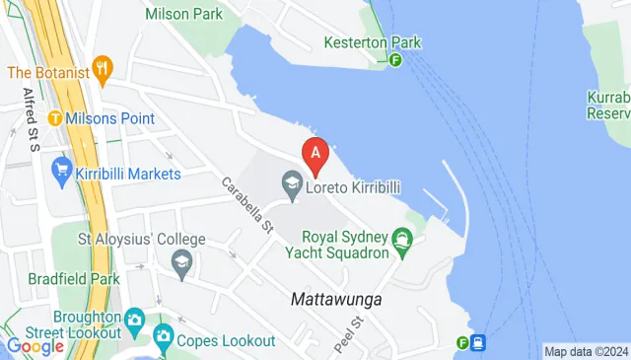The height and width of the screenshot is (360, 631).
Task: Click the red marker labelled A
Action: (315, 154)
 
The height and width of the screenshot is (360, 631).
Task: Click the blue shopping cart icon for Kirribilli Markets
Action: (61, 173)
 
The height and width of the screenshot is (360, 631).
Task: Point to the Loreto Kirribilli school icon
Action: (292, 183)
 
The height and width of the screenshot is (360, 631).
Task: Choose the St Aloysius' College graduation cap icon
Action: (181, 260)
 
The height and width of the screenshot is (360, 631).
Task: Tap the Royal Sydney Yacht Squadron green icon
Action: (401, 239)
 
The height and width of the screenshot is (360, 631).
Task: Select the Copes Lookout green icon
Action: (164, 340)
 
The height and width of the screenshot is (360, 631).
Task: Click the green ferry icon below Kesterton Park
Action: (395, 60)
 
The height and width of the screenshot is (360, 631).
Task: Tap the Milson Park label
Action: (184, 14)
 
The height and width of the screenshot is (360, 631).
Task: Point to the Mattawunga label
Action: (336, 298)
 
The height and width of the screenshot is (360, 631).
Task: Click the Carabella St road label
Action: (246, 204)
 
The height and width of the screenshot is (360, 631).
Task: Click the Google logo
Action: (35, 345)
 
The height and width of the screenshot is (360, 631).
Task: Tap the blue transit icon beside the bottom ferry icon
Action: (479, 343)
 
